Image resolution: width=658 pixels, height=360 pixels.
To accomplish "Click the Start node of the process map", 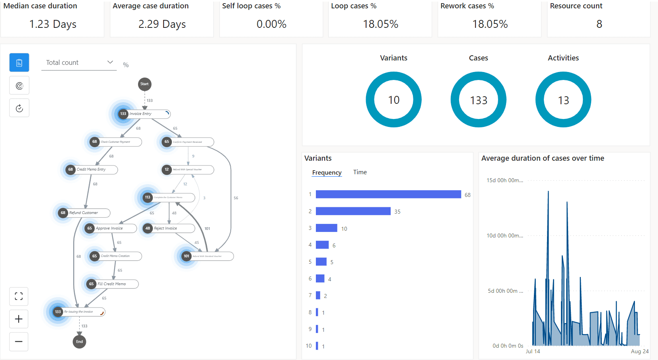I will pyautogui.click(x=144, y=84).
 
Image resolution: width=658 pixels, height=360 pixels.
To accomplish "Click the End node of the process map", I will pyautogui.click(x=80, y=342).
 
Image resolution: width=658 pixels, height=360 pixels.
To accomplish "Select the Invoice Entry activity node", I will pyautogui.click(x=143, y=114).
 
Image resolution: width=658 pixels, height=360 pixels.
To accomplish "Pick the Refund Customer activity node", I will pyautogui.click(x=84, y=213).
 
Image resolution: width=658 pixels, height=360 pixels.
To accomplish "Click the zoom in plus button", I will pyautogui.click(x=19, y=319).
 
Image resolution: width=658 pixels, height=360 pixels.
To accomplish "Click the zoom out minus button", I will pyautogui.click(x=19, y=342).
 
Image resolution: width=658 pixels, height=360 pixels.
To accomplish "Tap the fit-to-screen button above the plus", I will pyautogui.click(x=19, y=296).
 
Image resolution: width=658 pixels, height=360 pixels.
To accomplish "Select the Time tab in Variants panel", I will pyautogui.click(x=360, y=172).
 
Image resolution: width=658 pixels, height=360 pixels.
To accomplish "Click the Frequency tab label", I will pyautogui.click(x=327, y=173).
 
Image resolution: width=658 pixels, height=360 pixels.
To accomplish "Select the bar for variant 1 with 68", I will pyautogui.click(x=388, y=194).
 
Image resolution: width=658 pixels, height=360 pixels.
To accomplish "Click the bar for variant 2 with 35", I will pyautogui.click(x=353, y=211).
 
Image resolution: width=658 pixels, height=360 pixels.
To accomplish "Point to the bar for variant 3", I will pyautogui.click(x=326, y=228).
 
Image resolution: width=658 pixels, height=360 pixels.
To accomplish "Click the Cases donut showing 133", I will pyautogui.click(x=478, y=99).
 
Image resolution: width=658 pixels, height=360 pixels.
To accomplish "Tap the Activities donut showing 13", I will pyautogui.click(x=563, y=99).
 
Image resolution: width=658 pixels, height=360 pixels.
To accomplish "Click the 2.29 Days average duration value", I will pyautogui.click(x=162, y=24).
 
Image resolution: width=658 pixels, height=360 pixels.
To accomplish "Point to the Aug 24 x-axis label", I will pyautogui.click(x=639, y=351).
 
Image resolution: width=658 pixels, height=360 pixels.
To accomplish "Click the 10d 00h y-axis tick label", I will pyautogui.click(x=504, y=235).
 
